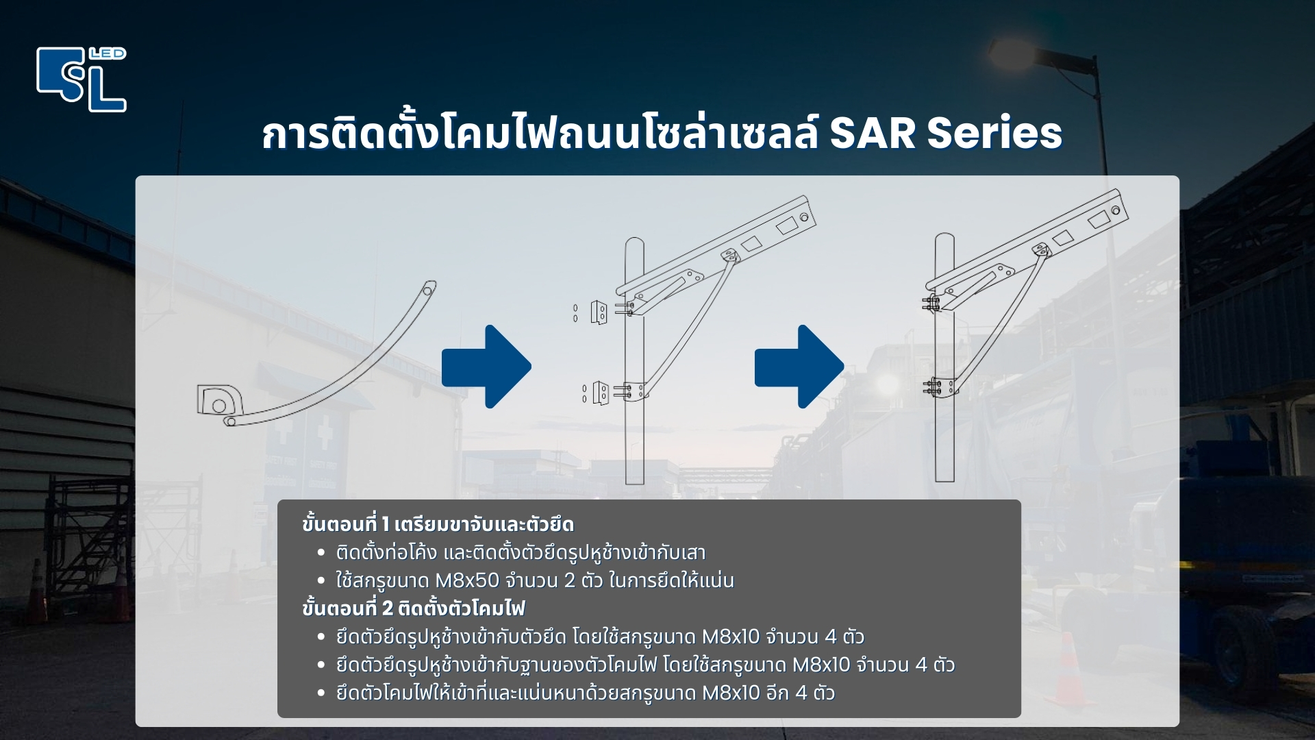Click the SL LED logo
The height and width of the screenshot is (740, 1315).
click(82, 79)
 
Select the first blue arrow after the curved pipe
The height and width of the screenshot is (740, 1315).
click(486, 367)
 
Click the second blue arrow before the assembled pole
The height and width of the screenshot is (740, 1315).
click(799, 367)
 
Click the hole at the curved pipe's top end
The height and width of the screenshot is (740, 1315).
click(428, 291)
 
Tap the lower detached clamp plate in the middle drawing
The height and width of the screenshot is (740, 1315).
click(601, 393)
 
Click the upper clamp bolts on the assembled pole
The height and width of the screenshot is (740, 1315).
click(931, 304)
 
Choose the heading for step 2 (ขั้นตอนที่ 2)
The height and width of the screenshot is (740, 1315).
click(413, 608)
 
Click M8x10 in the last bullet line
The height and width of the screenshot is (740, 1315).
click(731, 693)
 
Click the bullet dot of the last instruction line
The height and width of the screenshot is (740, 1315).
click(321, 693)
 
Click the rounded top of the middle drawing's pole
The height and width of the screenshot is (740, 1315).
click(634, 243)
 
